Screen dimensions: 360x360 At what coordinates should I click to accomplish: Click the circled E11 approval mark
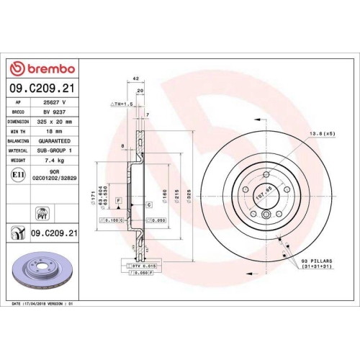pos(17,175)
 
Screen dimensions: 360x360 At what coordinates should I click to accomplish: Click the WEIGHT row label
pos(17,161)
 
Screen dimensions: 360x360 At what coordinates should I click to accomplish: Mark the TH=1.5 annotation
pos(122,104)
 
